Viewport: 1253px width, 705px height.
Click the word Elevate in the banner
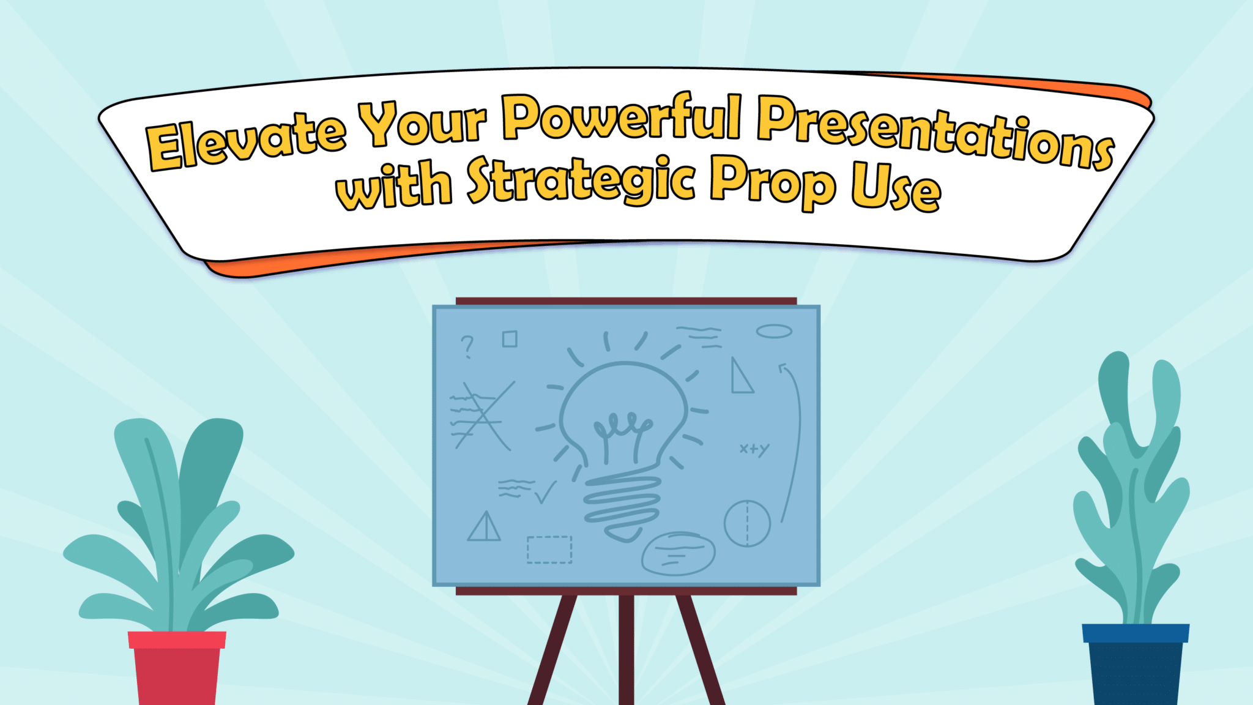tap(245, 140)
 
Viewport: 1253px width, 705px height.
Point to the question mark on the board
tap(467, 346)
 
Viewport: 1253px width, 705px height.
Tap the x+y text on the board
tap(754, 449)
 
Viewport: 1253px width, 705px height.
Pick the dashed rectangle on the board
tap(549, 550)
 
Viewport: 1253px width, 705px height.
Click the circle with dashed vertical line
tap(747, 523)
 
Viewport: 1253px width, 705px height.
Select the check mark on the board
tap(545, 491)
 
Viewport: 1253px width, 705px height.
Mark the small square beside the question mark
tap(510, 339)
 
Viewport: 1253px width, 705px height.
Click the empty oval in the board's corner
tap(774, 331)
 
